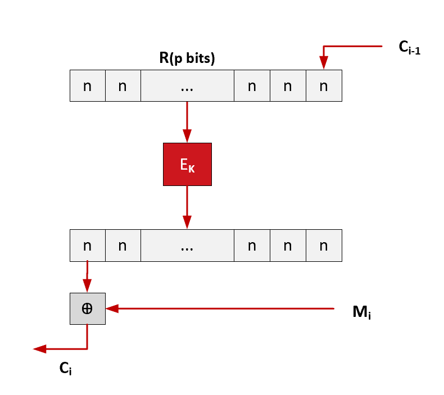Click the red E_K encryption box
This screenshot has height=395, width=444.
tap(187, 164)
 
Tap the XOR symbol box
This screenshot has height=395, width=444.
tap(87, 308)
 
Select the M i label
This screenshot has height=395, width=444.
tap(361, 312)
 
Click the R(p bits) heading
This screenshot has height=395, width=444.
tap(187, 58)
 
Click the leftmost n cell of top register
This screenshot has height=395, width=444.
tap(88, 85)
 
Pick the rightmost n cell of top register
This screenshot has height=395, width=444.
tap(323, 85)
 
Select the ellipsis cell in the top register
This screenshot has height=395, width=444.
tap(187, 85)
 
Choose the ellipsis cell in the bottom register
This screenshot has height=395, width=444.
tap(187, 246)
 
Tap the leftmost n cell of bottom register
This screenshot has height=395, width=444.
tap(88, 246)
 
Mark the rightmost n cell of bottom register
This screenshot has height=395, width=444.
tap(323, 246)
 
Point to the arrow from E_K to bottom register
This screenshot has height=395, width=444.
tap(187, 207)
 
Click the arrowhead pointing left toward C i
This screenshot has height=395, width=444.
tap(39, 349)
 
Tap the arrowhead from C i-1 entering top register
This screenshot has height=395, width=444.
tap(323, 62)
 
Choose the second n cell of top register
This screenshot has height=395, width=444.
tap(123, 85)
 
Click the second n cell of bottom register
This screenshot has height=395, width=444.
tap(123, 246)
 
